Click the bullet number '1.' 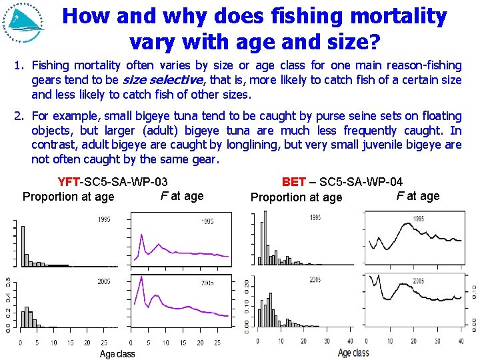[x=19, y=65]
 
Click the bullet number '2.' [x=19, y=116]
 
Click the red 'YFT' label [x=69, y=181]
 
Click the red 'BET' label [x=293, y=181]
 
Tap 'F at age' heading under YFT [x=182, y=195]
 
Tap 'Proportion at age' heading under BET [x=296, y=197]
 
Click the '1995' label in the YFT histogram [x=104, y=220]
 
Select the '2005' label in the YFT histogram [x=104, y=282]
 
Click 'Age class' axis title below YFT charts [x=117, y=354]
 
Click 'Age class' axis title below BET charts [x=353, y=353]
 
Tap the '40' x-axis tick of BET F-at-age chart [x=460, y=341]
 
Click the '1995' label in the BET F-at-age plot [x=419, y=219]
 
